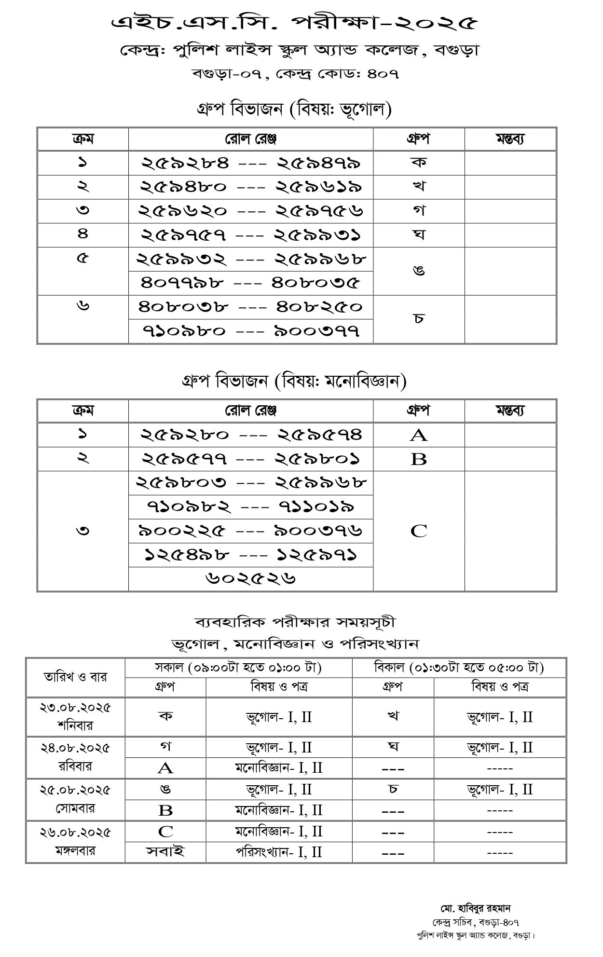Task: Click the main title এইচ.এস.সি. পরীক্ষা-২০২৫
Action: pos(295,23)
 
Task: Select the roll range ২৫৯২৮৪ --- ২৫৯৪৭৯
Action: pos(251,163)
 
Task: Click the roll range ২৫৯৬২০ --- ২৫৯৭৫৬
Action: pos(251,211)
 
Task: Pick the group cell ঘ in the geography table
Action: pos(418,235)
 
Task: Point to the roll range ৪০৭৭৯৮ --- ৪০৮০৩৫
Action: pos(251,283)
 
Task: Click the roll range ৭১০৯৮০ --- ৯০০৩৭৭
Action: pos(251,331)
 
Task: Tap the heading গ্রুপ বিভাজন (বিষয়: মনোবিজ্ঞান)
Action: pos(294,382)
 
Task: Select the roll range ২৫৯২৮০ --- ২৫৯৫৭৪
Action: pos(251,435)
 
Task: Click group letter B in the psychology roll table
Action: pos(418,459)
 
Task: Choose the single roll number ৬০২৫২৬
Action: pos(251,579)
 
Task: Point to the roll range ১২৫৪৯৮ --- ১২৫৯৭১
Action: pos(251,555)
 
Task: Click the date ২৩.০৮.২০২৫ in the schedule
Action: pos(75,708)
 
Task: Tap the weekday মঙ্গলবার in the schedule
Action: pos(75,851)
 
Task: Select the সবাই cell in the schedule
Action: pos(165,852)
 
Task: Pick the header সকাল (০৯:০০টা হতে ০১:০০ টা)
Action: pos(238,668)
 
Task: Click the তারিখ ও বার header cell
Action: pos(75,677)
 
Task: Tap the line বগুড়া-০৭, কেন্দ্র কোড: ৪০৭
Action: pos(295,74)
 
